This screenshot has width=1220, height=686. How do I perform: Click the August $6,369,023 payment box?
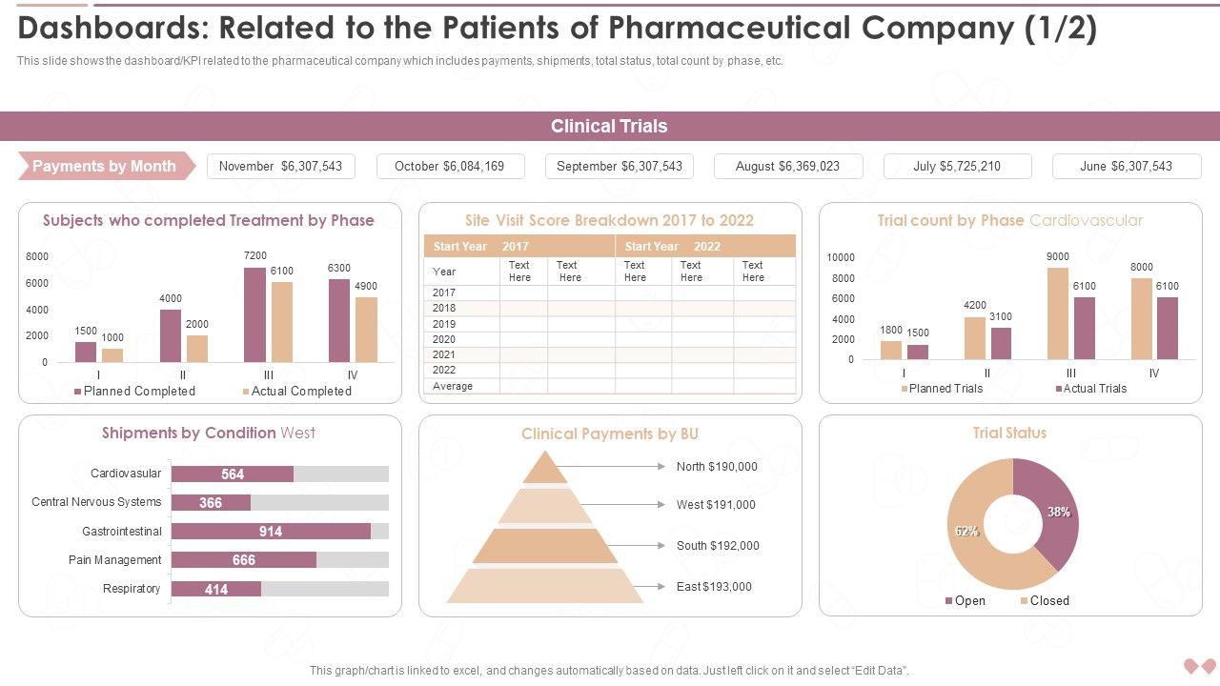pyautogui.click(x=788, y=166)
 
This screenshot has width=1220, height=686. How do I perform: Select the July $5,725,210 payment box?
pyautogui.click(x=957, y=166)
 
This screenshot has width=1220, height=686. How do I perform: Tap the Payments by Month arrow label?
pyautogui.click(x=105, y=166)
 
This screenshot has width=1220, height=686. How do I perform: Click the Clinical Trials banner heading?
pyautogui.click(x=609, y=126)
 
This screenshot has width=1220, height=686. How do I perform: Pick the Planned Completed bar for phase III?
pyautogui.click(x=254, y=314)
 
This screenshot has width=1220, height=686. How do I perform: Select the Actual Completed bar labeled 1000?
pyautogui.click(x=112, y=354)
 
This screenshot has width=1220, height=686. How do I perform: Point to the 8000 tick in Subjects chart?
pyautogui.click(x=37, y=256)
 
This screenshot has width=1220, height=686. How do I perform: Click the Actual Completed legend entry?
pyautogui.click(x=300, y=391)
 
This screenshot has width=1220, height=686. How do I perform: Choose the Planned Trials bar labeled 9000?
pyautogui.click(x=1058, y=313)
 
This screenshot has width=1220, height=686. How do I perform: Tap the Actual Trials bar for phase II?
pyautogui.click(x=1001, y=343)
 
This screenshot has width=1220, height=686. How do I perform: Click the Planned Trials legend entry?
pyautogui.click(x=945, y=388)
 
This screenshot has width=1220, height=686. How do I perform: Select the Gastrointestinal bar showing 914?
pyautogui.click(x=271, y=532)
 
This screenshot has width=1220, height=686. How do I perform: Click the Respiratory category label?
pyautogui.click(x=132, y=589)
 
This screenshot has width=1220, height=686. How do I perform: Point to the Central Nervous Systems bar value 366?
pyautogui.click(x=211, y=503)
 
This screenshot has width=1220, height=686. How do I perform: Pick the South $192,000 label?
pyautogui.click(x=718, y=546)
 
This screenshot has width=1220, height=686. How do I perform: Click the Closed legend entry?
pyautogui.click(x=1048, y=600)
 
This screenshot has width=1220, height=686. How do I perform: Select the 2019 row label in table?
pyautogui.click(x=444, y=324)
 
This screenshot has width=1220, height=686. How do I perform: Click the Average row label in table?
pyautogui.click(x=453, y=386)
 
